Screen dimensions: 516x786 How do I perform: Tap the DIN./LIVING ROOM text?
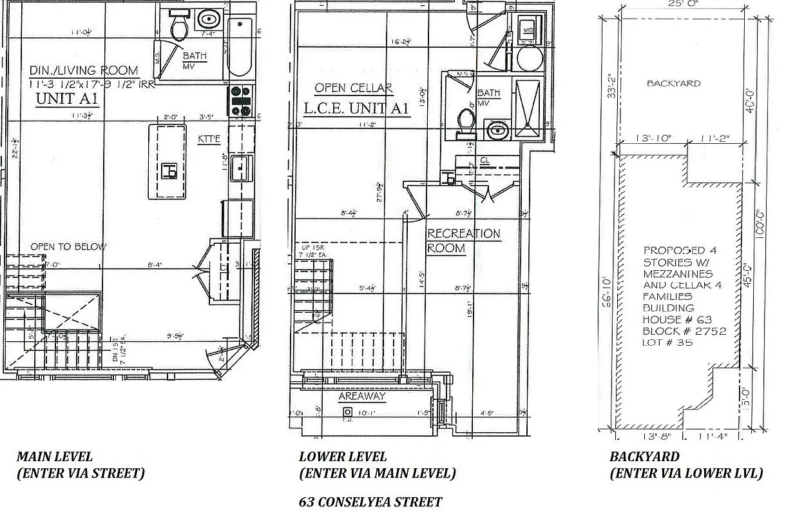pyautogui.click(x=84, y=70)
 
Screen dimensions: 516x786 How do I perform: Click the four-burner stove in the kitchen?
pyautogui.click(x=241, y=101)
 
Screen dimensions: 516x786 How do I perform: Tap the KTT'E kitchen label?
pyautogui.click(x=211, y=137)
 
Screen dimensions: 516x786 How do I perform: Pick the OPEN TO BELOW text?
pyautogui.click(x=69, y=246)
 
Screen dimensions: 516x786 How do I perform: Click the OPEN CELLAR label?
pyautogui.click(x=353, y=88)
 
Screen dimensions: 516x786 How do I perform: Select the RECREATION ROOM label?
pyautogui.click(x=464, y=241)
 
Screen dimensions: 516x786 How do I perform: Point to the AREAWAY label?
pyautogui.click(x=361, y=396)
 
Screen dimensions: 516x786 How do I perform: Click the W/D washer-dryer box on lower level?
pyautogui.click(x=528, y=30)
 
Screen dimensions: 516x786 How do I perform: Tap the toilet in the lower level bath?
pyautogui.click(x=465, y=123)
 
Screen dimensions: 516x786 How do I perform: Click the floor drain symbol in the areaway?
pyautogui.click(x=347, y=412)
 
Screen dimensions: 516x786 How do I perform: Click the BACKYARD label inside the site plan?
pyautogui.click(x=673, y=83)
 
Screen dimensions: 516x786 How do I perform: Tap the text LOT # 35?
pyautogui.click(x=667, y=342)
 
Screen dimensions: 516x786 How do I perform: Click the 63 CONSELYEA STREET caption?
pyautogui.click(x=370, y=502)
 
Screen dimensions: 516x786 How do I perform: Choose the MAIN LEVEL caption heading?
pyautogui.click(x=55, y=457)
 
